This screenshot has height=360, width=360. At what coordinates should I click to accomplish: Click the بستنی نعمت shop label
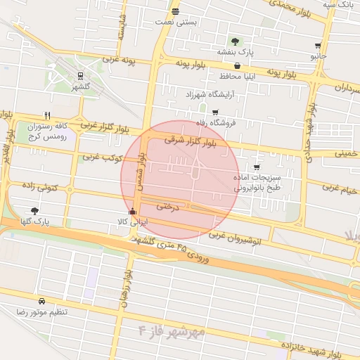(176, 22)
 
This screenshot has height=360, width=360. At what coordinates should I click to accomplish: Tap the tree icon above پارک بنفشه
(234, 41)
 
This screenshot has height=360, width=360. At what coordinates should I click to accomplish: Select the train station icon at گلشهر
(81, 75)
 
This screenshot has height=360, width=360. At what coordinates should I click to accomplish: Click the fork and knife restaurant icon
(47, 115)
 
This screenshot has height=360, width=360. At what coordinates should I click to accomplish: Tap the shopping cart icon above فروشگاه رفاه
(214, 112)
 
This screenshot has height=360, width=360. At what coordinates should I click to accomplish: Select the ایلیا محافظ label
(225, 75)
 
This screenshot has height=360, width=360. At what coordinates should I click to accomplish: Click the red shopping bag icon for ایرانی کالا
(132, 211)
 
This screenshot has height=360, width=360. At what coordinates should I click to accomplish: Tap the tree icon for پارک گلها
(34, 210)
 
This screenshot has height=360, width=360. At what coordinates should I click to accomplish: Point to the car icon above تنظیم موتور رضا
(41, 300)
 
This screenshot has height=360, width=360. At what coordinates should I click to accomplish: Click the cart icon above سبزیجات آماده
(257, 167)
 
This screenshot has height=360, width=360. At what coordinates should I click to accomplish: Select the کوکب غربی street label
(103, 159)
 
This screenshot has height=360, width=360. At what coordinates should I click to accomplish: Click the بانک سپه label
(337, 5)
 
